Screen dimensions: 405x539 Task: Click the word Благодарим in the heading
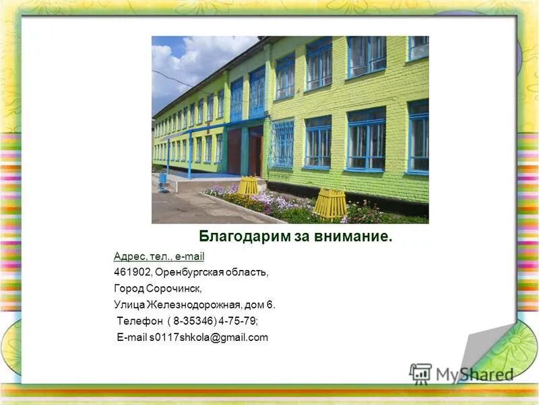234,237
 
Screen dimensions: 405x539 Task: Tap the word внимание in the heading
357,237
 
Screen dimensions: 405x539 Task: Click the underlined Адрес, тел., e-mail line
159,256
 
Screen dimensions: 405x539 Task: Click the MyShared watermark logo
461,373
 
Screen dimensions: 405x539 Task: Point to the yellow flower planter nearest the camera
329,203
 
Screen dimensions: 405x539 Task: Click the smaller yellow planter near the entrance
248,186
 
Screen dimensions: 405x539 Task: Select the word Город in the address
129,289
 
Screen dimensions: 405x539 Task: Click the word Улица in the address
129,305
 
